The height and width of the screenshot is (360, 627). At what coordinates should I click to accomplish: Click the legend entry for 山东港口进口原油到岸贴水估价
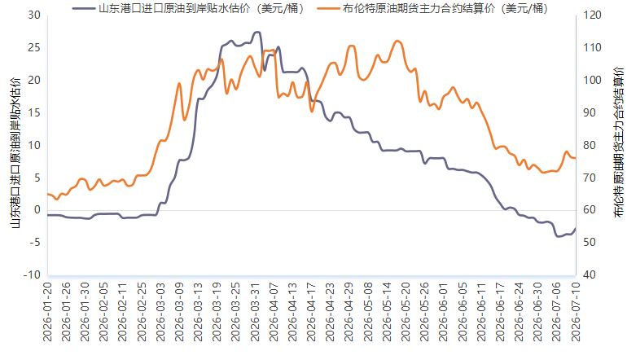pos(188,8)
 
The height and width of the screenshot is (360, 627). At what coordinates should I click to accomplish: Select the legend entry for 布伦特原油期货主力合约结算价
pos(432,8)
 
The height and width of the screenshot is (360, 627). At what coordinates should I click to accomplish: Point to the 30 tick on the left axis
pos(34,15)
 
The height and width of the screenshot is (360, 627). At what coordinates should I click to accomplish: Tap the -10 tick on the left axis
pos(32,274)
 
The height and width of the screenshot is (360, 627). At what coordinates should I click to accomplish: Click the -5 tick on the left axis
pos(34,243)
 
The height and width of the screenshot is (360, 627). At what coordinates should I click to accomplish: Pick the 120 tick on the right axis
pos(592,15)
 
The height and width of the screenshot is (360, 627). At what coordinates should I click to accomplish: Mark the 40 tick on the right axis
pos(590,274)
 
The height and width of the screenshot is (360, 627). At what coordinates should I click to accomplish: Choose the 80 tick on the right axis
pos(590,145)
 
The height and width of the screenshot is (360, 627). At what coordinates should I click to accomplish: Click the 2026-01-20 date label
pos(47,312)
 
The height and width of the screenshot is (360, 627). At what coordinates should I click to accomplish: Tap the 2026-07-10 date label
pos(576,312)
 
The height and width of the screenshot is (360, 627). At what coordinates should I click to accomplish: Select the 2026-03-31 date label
pos(255,312)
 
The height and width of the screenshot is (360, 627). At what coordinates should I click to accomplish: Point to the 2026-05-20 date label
pos(406,312)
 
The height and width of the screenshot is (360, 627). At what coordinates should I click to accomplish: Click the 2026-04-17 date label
pos(312,312)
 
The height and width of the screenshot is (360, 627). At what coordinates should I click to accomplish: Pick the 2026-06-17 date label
pos(500,312)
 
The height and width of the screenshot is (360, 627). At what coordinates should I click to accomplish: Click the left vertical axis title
pos(15,153)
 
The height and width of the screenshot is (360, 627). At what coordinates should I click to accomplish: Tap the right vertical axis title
pos(619,143)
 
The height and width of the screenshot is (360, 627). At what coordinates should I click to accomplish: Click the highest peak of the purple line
pos(257,32)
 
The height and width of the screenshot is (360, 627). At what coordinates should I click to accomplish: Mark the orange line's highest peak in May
pos(397,41)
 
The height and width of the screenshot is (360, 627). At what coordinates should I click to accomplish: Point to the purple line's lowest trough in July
pos(559,236)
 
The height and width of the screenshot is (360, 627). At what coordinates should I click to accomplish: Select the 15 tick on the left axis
pos(34,112)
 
